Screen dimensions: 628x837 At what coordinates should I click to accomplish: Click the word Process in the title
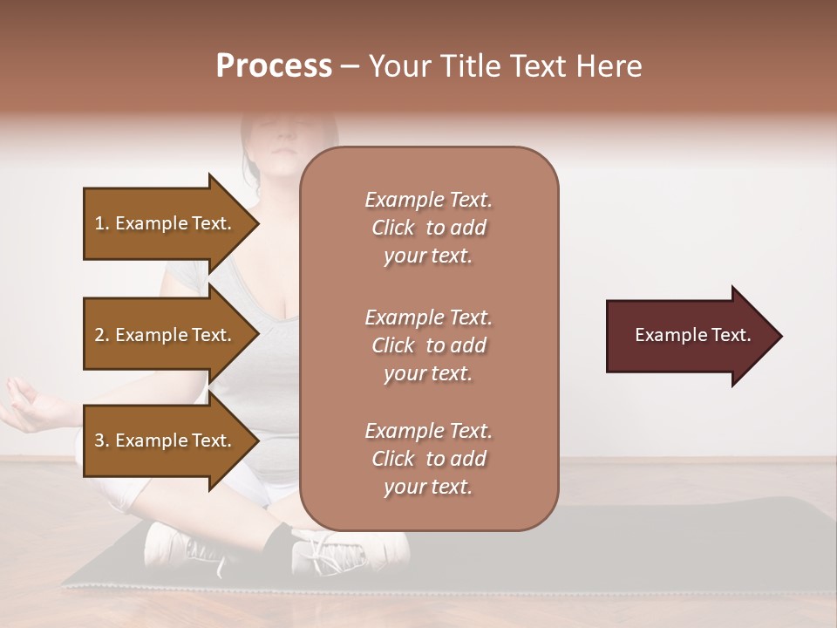[x=274, y=66]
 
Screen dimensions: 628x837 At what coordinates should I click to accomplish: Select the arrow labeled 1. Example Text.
[x=166, y=223]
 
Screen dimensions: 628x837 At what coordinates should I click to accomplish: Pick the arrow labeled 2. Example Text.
[x=166, y=335]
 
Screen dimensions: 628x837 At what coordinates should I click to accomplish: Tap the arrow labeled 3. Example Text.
[x=166, y=440]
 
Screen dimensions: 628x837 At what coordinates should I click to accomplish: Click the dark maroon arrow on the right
[x=689, y=336]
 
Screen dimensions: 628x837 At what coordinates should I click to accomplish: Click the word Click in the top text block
[x=393, y=229]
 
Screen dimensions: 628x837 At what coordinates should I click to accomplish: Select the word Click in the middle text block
[x=393, y=345]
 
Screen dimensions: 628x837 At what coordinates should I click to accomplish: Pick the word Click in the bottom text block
[x=393, y=459]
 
